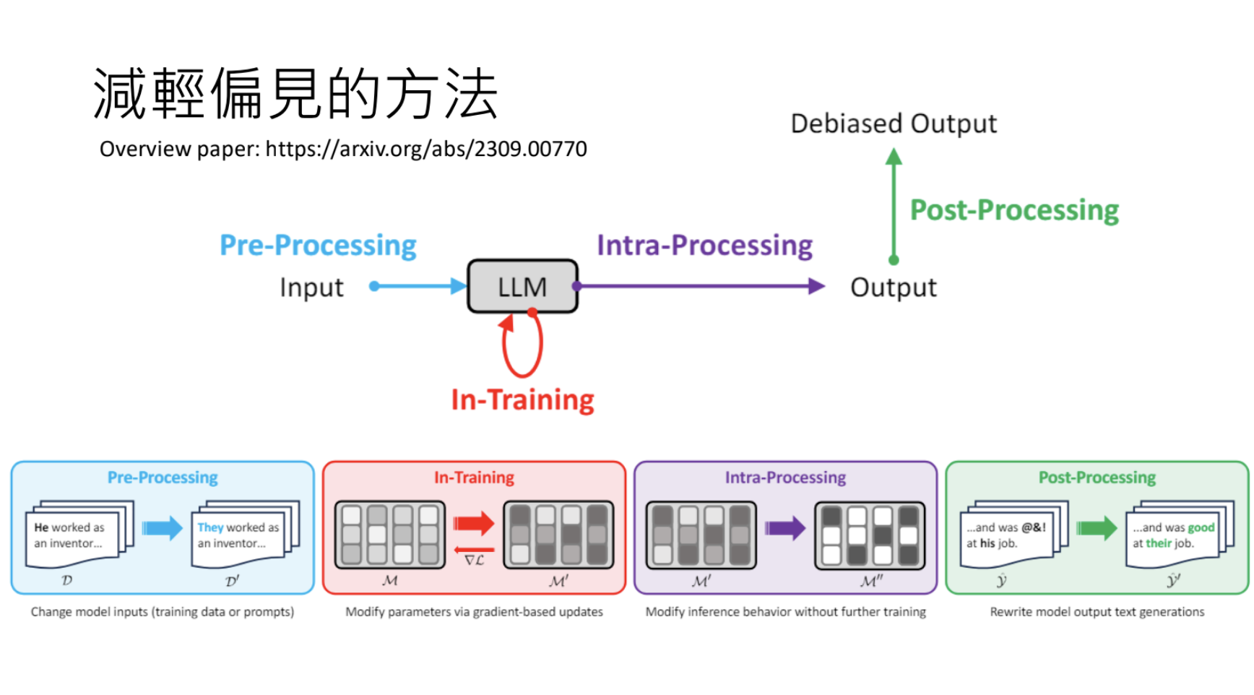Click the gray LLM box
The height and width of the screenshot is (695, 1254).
pyautogui.click(x=522, y=287)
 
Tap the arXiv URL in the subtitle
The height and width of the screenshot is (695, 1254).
pyautogui.click(x=425, y=149)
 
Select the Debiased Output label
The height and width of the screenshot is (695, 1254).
pyautogui.click(x=894, y=124)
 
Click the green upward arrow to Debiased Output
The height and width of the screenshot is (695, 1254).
pyautogui.click(x=894, y=206)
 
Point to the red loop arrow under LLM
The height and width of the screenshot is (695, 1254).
pyautogui.click(x=522, y=347)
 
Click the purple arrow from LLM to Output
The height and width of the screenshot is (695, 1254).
pyautogui.click(x=701, y=286)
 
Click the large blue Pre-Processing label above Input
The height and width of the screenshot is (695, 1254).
pyautogui.click(x=318, y=246)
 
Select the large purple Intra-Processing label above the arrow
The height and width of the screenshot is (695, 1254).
pyautogui.click(x=704, y=246)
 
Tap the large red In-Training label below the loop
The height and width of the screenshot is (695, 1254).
pyautogui.click(x=522, y=400)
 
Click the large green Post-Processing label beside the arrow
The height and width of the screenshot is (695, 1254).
pyautogui.click(x=1014, y=210)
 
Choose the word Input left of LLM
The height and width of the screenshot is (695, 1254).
pyautogui.click(x=311, y=288)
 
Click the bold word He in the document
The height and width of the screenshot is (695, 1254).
pyautogui.click(x=41, y=527)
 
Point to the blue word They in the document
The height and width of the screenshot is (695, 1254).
pyautogui.click(x=210, y=527)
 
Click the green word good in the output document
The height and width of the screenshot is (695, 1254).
pyautogui.click(x=1201, y=527)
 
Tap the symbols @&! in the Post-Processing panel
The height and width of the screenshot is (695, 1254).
pyautogui.click(x=1034, y=527)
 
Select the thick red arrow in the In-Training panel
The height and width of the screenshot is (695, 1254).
pyautogui.click(x=474, y=523)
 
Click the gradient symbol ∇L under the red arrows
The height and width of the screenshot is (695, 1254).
pyautogui.click(x=474, y=560)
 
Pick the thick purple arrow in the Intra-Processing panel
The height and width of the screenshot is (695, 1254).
pyautogui.click(x=785, y=528)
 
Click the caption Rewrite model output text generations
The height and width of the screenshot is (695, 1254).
pyautogui.click(x=1097, y=612)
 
